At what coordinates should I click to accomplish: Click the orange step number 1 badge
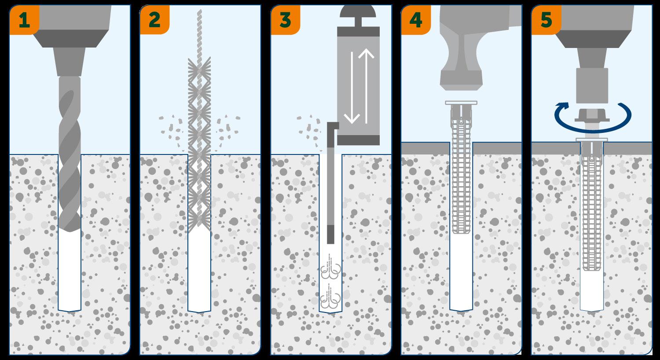click(24, 20)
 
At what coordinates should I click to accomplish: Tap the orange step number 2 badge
click(154, 20)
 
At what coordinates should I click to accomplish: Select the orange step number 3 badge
click(285, 20)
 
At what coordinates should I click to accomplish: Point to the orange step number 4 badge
click(415, 20)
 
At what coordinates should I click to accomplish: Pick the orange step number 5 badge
click(546, 20)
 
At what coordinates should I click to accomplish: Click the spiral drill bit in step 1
click(70, 154)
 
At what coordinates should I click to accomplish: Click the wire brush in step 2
click(199, 145)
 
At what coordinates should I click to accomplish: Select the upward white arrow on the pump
click(366, 84)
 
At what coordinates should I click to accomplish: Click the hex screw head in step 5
click(591, 116)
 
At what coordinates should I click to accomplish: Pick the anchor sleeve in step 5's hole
click(591, 207)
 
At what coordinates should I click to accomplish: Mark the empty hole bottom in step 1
click(70, 273)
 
